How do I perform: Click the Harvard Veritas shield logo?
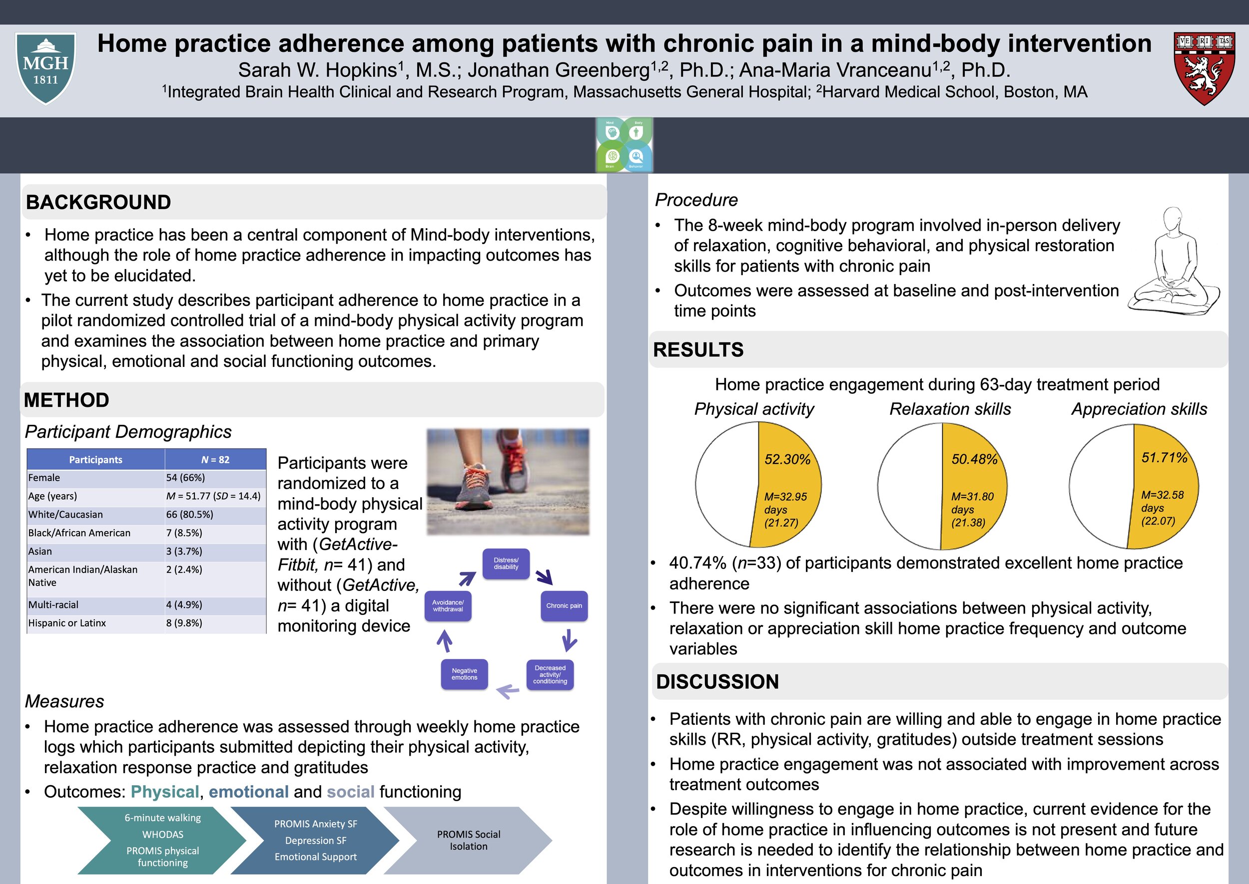pos(1205,68)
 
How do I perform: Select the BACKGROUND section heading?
pos(98,203)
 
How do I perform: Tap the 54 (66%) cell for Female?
pos(186,477)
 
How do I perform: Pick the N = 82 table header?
pos(215,459)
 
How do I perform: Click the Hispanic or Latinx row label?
pos(67,623)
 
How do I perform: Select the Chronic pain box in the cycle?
pos(564,605)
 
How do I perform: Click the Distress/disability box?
pos(506,564)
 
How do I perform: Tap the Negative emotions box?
pos(464,674)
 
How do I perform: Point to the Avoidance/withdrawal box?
pos(448,605)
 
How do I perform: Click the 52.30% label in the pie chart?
pos(787,459)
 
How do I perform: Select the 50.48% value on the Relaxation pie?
pos(974,459)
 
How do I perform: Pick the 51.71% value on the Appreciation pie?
pos(1164,457)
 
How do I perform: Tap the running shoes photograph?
pos(508,482)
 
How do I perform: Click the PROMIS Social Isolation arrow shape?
pos(469,840)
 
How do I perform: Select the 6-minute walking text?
pos(162,818)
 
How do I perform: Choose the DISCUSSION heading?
pos(717,681)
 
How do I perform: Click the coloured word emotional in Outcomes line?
pos(248,792)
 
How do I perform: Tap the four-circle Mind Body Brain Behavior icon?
pos(624,145)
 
